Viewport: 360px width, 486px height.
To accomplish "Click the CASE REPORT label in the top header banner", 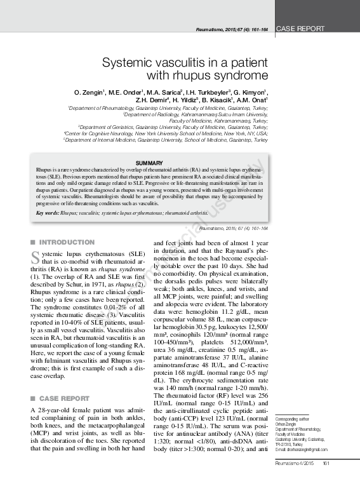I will tap(301, 29).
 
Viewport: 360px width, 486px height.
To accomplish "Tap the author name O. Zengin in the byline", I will tap(91, 92).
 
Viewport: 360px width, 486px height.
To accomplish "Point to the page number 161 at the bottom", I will tap(326, 480).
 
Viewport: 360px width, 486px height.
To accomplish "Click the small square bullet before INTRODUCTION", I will tap(32, 243).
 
